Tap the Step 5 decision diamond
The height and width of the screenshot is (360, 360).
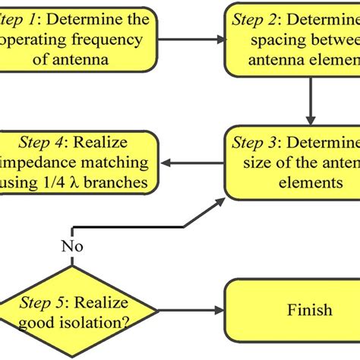click(72, 310)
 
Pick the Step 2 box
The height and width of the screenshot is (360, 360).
click(292, 36)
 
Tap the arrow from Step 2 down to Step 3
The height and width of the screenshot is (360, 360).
click(310, 95)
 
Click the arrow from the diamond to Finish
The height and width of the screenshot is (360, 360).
click(190, 310)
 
